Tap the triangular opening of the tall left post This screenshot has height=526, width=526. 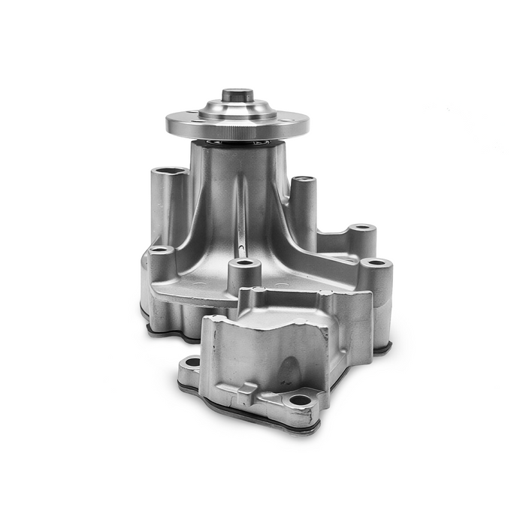(170, 172)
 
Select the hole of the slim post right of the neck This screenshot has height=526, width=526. (303, 180)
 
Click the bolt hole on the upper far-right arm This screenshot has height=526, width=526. (362, 227)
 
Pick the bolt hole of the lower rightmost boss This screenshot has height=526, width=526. (376, 263)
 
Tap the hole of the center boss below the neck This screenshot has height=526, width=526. (244, 265)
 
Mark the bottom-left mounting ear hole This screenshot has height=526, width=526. (192, 362)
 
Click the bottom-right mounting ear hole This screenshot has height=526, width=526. (301, 401)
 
